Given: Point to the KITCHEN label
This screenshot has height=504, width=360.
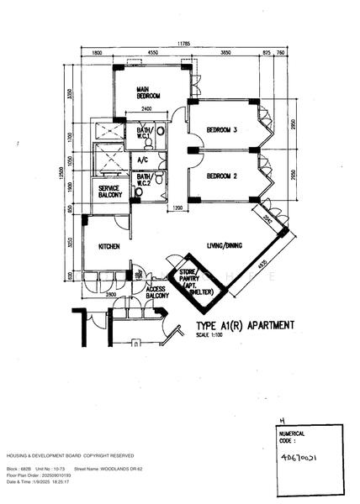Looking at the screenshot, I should click(110, 247).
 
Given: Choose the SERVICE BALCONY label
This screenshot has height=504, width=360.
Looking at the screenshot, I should click(110, 192).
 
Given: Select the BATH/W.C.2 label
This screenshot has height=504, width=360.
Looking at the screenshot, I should click(145, 180).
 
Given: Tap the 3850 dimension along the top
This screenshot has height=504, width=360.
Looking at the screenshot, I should click(225, 53).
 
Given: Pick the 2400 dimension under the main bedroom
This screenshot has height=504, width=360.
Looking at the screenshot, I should click(146, 110).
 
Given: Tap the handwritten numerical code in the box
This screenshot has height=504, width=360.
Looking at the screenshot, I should click(302, 459).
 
